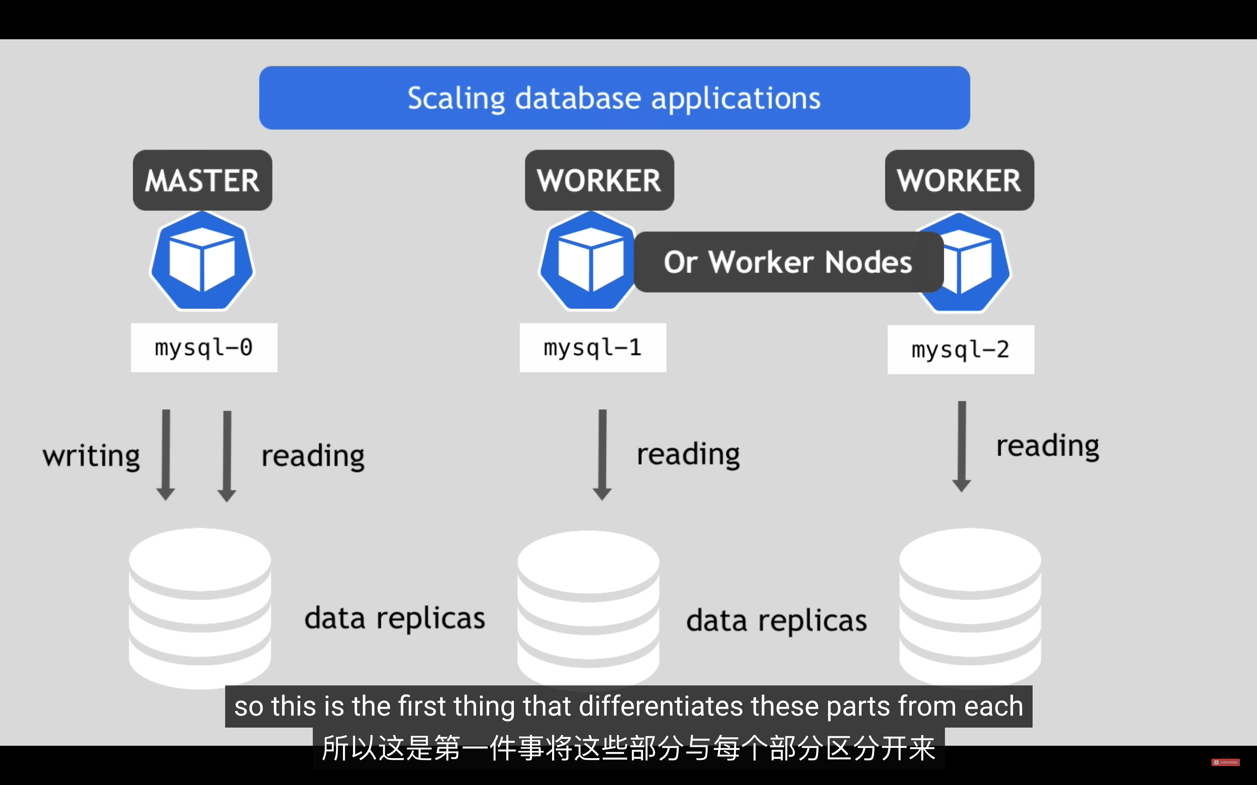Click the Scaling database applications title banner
pos(614,98)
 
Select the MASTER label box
pos(203,180)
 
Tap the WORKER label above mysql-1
pos(599,180)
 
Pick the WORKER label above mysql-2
pos(959,180)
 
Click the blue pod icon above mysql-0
pos(202,261)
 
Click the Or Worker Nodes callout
pos(789,262)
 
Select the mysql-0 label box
pos(204,347)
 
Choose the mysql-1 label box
pos(592,347)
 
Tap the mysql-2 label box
pos(961,349)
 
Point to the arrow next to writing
pos(166,455)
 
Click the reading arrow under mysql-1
pos(602,455)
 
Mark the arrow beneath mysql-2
pos(961,447)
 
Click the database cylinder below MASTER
pos(200,608)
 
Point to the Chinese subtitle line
pos(628,748)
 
